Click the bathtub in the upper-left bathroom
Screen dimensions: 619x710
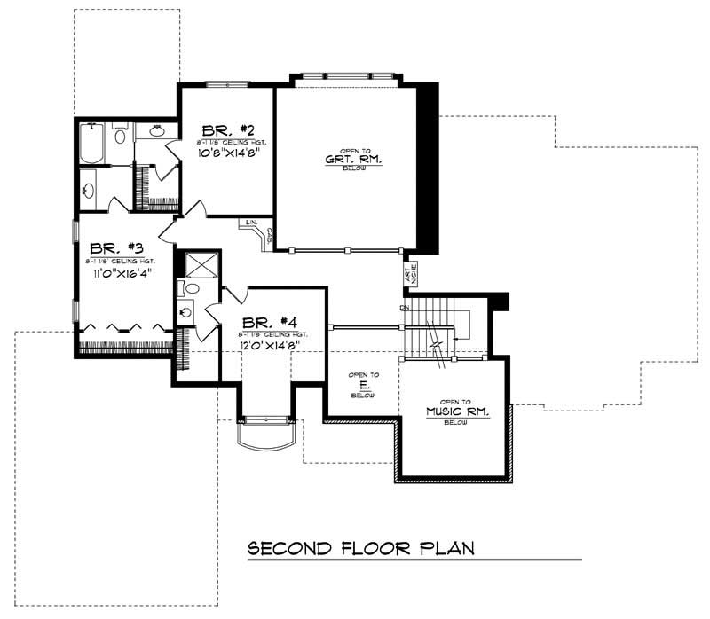tap(92, 144)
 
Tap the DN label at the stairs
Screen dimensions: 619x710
tap(404, 307)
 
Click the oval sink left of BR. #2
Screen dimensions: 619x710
tap(158, 132)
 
